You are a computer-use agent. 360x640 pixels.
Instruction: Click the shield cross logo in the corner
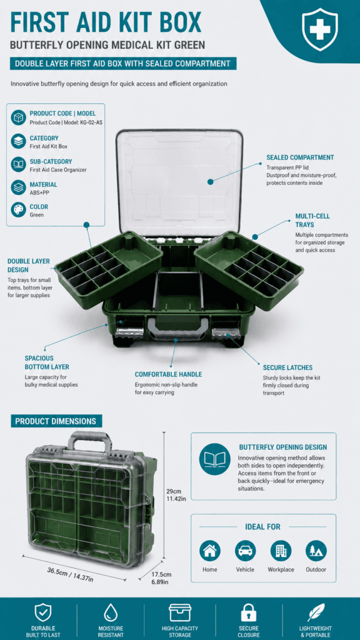pos(319,29)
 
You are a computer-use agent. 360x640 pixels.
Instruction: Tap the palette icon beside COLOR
pos(19,210)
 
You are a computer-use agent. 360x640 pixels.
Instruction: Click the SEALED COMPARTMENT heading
pos(300,157)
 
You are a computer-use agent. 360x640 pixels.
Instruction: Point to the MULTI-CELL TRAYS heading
pos(312,221)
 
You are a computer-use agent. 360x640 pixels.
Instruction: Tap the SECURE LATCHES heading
pos(287,367)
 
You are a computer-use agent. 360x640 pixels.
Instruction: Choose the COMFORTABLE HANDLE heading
pos(168,374)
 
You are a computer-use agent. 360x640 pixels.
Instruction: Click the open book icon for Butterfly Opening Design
pos(215,459)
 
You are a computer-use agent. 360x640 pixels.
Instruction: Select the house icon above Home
pos(210,551)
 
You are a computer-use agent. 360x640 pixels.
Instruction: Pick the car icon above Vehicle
pos(245,551)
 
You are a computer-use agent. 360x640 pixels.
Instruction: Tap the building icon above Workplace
pos(281,551)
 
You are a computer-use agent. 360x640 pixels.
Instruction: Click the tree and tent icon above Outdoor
pos(316,551)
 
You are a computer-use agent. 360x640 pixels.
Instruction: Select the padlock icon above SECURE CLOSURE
pos(248,613)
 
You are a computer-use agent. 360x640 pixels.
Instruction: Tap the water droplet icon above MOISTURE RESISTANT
pos(111,613)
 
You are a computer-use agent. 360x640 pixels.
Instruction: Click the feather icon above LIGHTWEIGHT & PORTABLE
pos(316,612)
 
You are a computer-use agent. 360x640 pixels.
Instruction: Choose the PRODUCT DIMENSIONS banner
pos(56,421)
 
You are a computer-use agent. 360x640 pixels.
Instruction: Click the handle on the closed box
pos(90,442)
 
